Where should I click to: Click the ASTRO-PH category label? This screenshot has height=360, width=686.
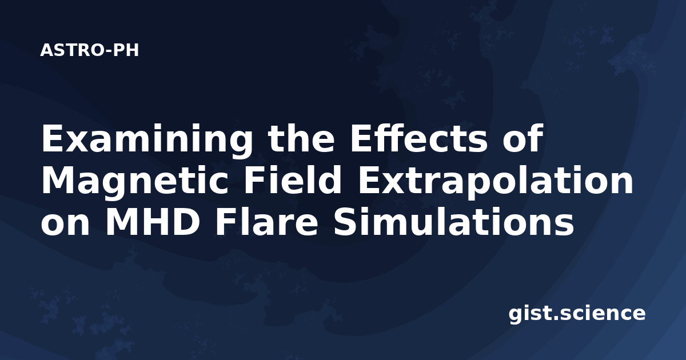[89, 50]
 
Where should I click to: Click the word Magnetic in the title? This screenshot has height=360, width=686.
[135, 182]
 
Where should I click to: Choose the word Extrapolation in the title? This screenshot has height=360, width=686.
[495, 182]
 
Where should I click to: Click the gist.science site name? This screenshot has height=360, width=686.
[577, 314]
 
